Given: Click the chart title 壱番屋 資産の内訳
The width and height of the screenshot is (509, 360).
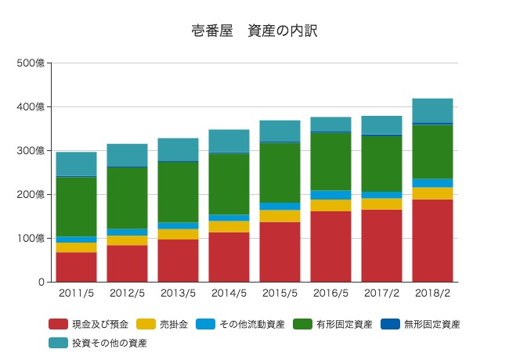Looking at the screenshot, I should (x=254, y=31).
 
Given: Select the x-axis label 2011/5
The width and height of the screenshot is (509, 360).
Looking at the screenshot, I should (x=76, y=293).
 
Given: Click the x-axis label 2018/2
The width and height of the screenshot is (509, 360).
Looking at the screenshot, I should (x=433, y=293).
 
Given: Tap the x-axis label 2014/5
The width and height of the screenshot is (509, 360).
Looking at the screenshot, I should (x=229, y=293).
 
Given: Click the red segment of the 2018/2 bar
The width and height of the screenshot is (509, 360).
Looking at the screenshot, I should (x=433, y=240).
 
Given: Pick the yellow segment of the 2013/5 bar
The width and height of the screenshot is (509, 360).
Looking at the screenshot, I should (x=178, y=234).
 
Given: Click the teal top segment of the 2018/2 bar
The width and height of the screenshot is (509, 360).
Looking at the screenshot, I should (x=433, y=110).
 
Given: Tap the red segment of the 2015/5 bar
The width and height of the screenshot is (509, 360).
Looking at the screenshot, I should (x=280, y=251).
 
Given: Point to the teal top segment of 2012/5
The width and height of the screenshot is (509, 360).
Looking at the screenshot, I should (x=127, y=155).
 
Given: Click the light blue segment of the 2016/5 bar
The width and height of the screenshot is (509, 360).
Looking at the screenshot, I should (x=330, y=195).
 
